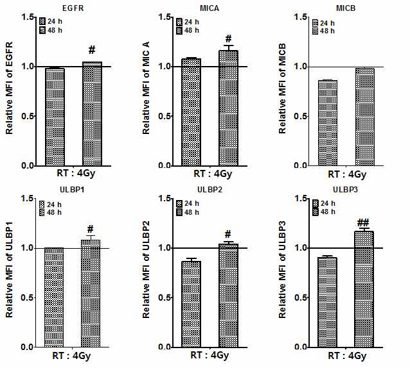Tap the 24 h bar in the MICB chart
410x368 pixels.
point(327,122)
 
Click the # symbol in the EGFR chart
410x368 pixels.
point(92,50)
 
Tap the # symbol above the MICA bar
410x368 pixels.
point(228,38)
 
